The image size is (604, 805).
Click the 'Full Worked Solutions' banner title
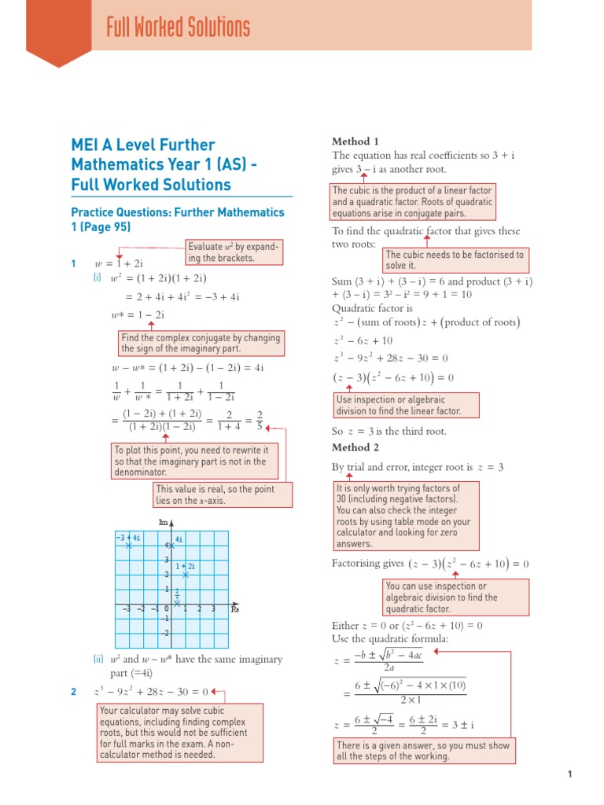(179, 29)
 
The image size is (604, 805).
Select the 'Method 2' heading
(351, 447)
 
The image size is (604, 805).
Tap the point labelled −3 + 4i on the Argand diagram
(130, 546)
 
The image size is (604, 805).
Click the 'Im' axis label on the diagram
(164, 522)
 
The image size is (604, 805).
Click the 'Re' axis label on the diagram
(234, 608)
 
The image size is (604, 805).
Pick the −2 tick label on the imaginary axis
(164, 633)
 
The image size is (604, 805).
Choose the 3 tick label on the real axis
(213, 608)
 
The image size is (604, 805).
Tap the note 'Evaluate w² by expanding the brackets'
(233, 252)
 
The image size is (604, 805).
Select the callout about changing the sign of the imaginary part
(200, 343)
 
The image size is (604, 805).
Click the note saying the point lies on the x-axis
(223, 494)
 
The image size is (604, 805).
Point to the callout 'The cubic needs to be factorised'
(455, 260)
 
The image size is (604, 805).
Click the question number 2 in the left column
(73, 692)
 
